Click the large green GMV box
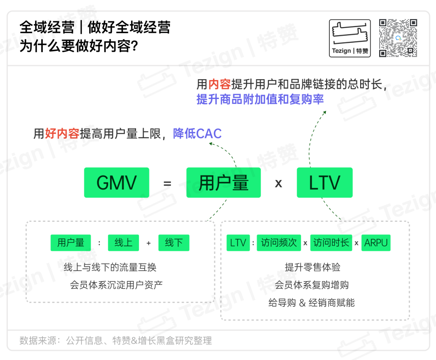(116, 183)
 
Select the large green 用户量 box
(223, 183)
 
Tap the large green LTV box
(325, 183)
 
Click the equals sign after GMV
(168, 184)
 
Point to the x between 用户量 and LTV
(279, 184)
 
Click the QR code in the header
(398, 38)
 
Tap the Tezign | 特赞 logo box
(350, 38)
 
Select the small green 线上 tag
(124, 243)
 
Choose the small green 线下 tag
(174, 243)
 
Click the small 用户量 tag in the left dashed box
(71, 243)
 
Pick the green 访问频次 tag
(279, 243)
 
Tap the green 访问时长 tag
(331, 243)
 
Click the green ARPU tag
(376, 243)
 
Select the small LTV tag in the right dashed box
(238, 243)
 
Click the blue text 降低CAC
(197, 134)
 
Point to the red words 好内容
(62, 134)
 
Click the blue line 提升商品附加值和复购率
(260, 99)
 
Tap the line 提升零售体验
(312, 267)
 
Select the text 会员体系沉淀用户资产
(116, 285)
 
